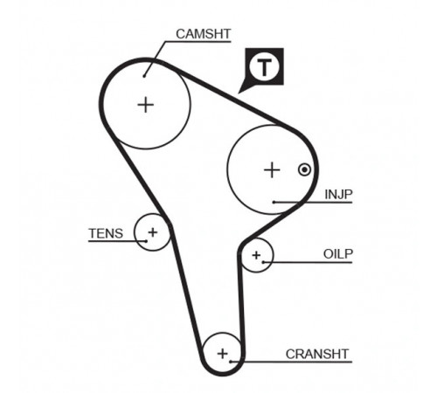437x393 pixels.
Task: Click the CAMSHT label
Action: pyautogui.click(x=204, y=34)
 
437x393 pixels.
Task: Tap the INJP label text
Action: pyautogui.click(x=338, y=194)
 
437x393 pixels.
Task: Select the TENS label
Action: pyautogui.click(x=106, y=233)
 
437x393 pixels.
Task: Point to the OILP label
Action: pyautogui.click(x=338, y=254)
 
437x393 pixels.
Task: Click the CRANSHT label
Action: pyautogui.click(x=317, y=354)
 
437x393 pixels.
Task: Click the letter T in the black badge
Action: pyautogui.click(x=264, y=67)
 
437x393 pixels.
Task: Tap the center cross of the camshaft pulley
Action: pyautogui.click(x=146, y=105)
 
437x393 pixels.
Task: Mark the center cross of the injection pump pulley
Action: pyautogui.click(x=272, y=170)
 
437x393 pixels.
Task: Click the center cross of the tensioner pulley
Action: pyautogui.click(x=153, y=232)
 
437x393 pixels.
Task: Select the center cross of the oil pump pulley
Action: pyautogui.click(x=256, y=255)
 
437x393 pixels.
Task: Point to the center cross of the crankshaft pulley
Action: pyautogui.click(x=223, y=354)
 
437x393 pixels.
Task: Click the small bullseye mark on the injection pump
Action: pyautogui.click(x=304, y=169)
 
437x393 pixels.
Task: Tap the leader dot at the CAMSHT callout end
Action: pyautogui.click(x=144, y=76)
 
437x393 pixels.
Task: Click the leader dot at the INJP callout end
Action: pyautogui.click(x=274, y=202)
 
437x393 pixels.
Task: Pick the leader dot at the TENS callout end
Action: pyautogui.click(x=146, y=241)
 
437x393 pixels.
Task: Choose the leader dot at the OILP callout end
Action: pyautogui.click(x=263, y=262)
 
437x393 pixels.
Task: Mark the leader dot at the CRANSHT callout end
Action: pyautogui.click(x=230, y=362)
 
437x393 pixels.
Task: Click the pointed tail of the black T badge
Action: pyautogui.click(x=239, y=93)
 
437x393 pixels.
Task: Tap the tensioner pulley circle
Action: pyautogui.click(x=135, y=232)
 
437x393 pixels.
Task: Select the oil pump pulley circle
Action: pyautogui.click(x=274, y=255)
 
